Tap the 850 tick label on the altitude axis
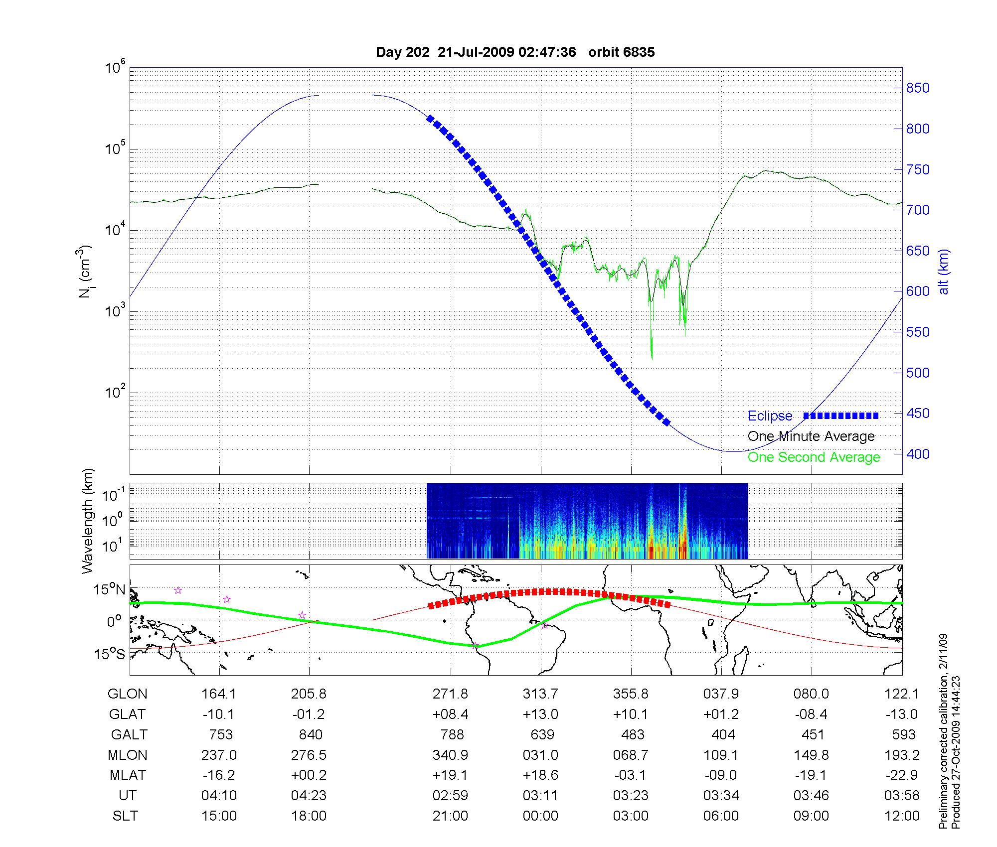[917, 88]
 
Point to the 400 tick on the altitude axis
[917, 454]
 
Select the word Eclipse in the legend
[770, 416]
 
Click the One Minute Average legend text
[811, 436]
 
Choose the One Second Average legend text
[814, 457]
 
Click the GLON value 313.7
[540, 694]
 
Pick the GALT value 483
[633, 734]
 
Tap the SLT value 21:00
[450, 816]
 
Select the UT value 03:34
[721, 795]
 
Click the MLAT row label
[128, 775]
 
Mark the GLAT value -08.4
[811, 714]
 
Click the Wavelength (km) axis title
[88, 521]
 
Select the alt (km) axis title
[944, 272]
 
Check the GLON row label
[128, 694]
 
